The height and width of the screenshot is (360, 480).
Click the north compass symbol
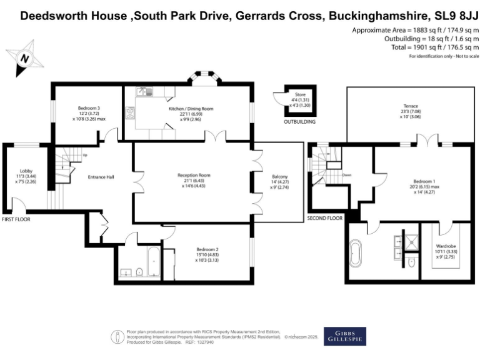[24, 57]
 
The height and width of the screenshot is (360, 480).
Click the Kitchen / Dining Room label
[191, 109]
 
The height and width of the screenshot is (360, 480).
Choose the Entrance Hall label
[102, 177]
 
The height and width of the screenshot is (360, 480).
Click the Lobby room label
[26, 171]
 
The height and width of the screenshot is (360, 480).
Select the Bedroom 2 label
[206, 250]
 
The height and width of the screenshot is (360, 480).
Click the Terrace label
[411, 106]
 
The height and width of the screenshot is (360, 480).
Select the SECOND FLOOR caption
[324, 218]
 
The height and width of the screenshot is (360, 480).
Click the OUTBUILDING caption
[299, 122]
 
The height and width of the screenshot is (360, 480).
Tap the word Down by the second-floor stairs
[347, 175]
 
